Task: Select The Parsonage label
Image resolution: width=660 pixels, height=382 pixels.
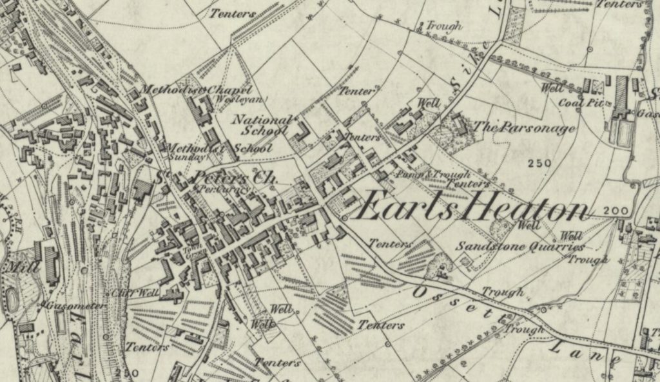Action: (x=524, y=128)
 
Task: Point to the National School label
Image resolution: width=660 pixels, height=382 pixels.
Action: (x=261, y=125)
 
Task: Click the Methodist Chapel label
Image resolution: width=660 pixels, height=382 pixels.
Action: (x=195, y=90)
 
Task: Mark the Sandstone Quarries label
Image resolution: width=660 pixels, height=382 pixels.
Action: (x=520, y=246)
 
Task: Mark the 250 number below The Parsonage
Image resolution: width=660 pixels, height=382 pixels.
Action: (x=538, y=163)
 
